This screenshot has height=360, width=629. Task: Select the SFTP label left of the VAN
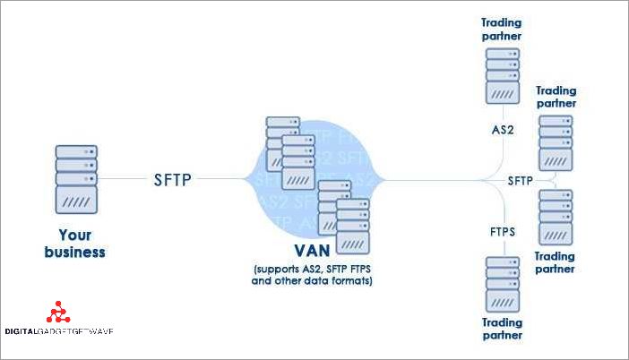(171, 180)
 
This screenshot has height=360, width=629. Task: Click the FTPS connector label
(502, 231)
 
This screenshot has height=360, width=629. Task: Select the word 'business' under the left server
(76, 252)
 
